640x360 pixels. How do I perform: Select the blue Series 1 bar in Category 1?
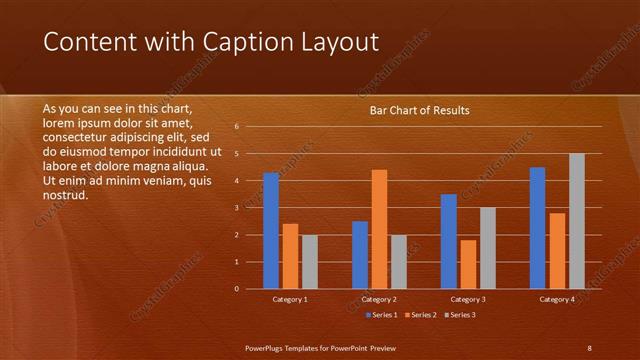[x=271, y=231]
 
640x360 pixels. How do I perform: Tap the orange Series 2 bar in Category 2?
[x=379, y=229]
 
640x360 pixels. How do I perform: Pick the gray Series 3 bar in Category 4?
[x=577, y=221]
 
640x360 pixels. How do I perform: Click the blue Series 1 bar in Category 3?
[x=449, y=241]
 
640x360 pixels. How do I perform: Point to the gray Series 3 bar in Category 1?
[x=310, y=262]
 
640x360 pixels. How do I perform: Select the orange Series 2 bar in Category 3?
[x=468, y=264]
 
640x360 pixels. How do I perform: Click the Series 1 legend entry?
[x=383, y=315]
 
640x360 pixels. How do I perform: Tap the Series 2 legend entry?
[x=421, y=315]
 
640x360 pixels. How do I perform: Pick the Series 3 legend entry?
[x=459, y=315]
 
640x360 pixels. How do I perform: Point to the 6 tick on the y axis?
[x=236, y=127]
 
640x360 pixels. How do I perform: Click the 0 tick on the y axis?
[x=236, y=289]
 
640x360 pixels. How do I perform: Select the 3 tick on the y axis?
[x=236, y=208]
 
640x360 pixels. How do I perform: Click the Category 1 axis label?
[x=290, y=299]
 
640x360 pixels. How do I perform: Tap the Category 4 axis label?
[x=558, y=299]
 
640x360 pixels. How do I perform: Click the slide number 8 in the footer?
[x=589, y=348]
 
